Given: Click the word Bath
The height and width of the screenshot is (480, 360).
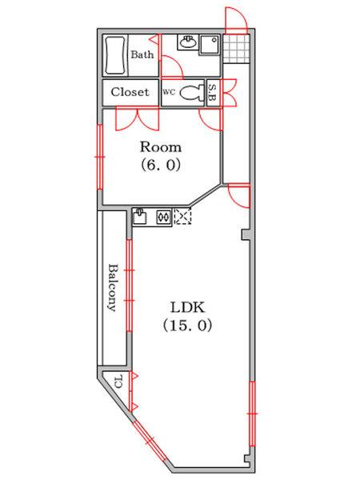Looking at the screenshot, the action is [142, 54].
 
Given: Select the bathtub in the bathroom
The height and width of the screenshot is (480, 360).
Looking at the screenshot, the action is [115, 55].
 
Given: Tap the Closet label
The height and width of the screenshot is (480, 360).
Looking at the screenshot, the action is [130, 92].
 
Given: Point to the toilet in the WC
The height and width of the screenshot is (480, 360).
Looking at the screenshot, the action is [191, 93].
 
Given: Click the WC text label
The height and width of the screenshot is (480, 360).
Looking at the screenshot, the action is [169, 92].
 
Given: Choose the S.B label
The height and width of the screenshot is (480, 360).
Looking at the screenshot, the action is [213, 93].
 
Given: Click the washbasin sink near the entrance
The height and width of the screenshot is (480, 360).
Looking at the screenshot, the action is [187, 42].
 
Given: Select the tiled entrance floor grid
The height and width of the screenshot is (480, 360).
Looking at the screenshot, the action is [236, 48].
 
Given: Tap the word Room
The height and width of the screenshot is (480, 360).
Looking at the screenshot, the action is [161, 147].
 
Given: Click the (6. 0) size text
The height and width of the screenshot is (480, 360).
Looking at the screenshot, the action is [161, 166].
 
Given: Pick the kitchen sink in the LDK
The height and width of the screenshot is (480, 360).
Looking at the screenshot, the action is [140, 216].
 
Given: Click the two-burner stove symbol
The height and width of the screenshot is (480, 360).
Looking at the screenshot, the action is [163, 217].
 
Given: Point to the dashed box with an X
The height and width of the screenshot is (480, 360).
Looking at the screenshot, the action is [182, 216].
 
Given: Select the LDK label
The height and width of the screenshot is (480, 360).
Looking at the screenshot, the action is [187, 307].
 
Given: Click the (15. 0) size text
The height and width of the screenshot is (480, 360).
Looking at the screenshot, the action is [187, 326].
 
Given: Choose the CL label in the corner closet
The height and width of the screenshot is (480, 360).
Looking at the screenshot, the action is [118, 382].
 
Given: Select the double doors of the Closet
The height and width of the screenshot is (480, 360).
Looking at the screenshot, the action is [138, 118].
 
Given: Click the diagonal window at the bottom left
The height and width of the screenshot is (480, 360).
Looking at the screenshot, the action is [150, 441].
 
